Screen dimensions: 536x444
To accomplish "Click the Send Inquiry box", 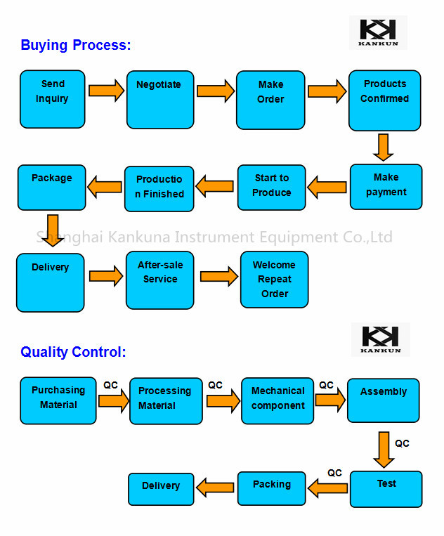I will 53,99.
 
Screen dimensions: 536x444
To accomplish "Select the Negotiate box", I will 160,99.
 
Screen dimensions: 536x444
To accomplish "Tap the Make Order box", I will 270,100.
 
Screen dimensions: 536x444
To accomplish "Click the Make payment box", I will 386,187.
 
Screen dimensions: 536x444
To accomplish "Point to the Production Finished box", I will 159,188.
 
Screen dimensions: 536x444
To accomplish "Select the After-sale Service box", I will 160,280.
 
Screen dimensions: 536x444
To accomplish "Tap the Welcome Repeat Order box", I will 275,280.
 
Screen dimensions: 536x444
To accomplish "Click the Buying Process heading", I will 76,46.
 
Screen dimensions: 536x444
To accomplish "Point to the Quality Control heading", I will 73,352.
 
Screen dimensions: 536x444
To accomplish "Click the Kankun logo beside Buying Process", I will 378,32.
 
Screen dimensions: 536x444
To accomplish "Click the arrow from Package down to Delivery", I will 52,230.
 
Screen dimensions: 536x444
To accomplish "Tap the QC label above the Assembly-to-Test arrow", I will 402,443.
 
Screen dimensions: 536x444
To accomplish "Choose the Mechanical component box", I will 277,400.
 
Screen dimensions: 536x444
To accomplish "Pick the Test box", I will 386,489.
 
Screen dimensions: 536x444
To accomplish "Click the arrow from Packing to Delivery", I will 215,486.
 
